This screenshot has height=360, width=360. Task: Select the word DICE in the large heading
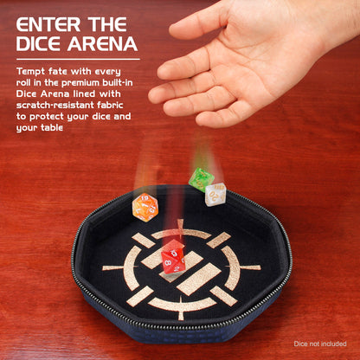(x=40, y=43)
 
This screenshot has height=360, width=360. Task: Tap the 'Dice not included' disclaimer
(x=321, y=343)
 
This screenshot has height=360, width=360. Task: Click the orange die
(x=145, y=207)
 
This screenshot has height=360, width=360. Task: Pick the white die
(x=215, y=194)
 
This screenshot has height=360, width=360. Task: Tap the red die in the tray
(x=173, y=257)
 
